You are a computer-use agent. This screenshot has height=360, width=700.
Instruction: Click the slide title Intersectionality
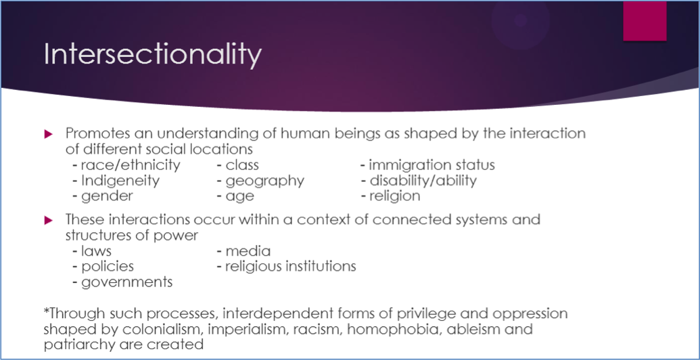(152, 55)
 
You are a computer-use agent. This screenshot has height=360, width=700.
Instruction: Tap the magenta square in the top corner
(645, 20)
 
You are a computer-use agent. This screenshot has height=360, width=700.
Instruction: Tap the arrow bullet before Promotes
(49, 134)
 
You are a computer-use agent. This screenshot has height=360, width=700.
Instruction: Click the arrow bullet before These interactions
(49, 220)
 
